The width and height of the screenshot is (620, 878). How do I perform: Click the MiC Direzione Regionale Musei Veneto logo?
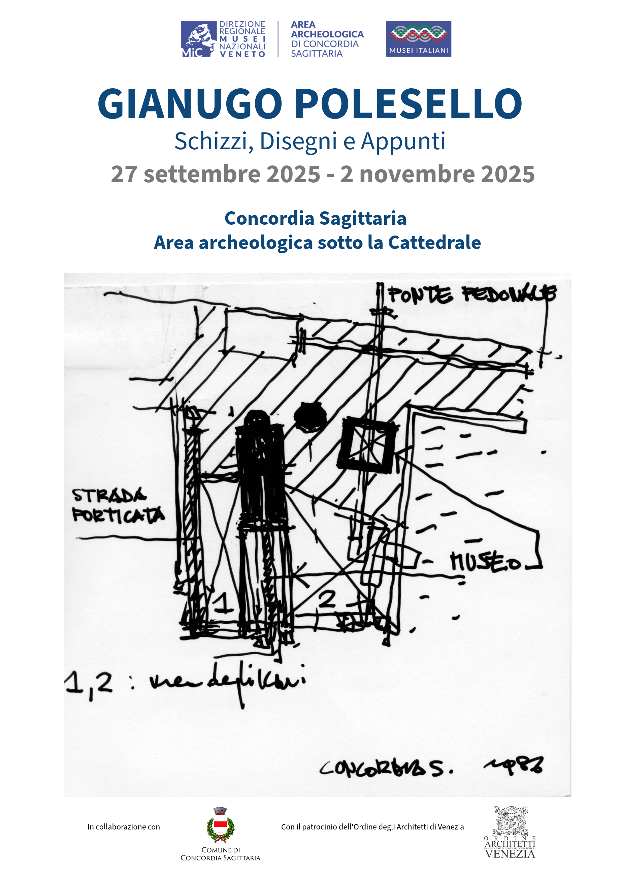[x=223, y=39]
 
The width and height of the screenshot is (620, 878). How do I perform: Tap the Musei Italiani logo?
[x=418, y=39]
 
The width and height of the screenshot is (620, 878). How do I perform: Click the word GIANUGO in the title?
[x=190, y=104]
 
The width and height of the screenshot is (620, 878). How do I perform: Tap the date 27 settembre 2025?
[x=215, y=175]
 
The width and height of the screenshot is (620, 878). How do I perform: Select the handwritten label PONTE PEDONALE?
[x=472, y=295]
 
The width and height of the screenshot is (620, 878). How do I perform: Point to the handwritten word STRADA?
[x=109, y=496]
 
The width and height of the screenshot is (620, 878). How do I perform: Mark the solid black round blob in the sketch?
[x=310, y=417]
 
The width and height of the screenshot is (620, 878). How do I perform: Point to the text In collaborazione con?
[x=124, y=827]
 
